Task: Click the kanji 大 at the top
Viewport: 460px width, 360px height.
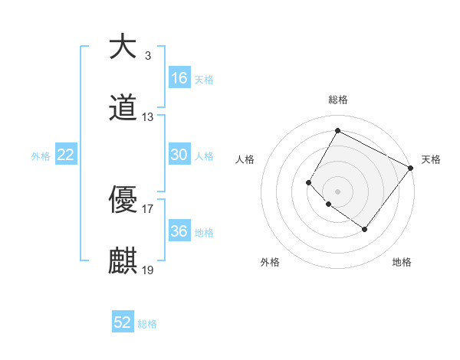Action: click(x=123, y=47)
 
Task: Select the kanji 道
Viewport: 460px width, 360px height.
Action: click(x=123, y=110)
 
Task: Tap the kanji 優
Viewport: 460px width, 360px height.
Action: click(x=123, y=200)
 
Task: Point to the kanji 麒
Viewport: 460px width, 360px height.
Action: click(x=123, y=261)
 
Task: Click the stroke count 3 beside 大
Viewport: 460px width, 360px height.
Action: click(x=147, y=56)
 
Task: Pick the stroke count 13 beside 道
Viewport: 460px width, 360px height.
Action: click(x=148, y=117)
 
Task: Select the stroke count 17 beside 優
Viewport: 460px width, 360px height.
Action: click(x=148, y=208)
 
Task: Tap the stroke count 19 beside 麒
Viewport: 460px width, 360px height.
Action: click(x=148, y=270)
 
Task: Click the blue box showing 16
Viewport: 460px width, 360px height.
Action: click(x=179, y=77)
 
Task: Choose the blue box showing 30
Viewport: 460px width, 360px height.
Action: click(x=179, y=155)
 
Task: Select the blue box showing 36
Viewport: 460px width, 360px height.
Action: click(x=179, y=231)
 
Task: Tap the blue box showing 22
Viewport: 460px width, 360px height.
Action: click(x=66, y=155)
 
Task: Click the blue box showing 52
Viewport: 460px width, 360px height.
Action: click(x=123, y=322)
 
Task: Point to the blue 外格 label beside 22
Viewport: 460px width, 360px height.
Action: click(x=41, y=156)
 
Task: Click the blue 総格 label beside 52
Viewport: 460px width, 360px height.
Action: click(x=147, y=324)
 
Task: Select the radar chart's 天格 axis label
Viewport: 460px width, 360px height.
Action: click(x=431, y=159)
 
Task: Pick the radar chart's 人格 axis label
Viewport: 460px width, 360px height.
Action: click(x=245, y=159)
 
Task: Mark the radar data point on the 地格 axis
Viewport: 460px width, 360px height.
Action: click(x=364, y=229)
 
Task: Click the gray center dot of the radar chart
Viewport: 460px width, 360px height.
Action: click(x=337, y=191)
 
